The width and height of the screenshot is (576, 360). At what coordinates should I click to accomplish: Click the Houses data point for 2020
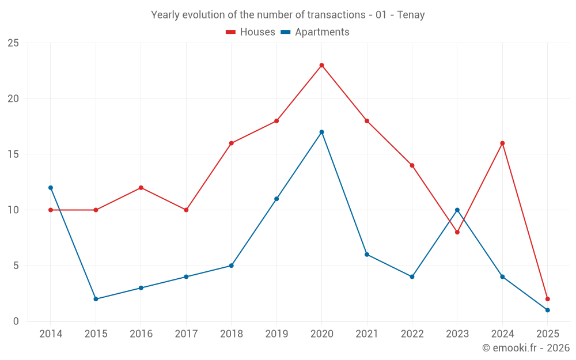(321, 65)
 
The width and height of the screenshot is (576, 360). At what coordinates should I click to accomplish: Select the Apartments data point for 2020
(321, 132)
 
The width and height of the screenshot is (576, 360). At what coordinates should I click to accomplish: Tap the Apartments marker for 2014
(51, 188)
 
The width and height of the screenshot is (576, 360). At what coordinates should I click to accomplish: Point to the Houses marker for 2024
(502, 143)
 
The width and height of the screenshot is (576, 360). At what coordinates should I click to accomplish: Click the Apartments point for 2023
(457, 210)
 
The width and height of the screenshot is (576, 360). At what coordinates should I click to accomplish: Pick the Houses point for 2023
(457, 232)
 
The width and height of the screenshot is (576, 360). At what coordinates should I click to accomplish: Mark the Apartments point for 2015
(96, 299)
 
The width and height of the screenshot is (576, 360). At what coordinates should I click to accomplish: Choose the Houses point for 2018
(231, 143)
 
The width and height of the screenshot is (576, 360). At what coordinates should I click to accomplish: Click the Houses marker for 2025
(547, 299)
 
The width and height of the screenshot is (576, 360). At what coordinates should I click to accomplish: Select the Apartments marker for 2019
(276, 199)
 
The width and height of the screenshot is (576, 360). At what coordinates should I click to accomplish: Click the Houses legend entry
(251, 32)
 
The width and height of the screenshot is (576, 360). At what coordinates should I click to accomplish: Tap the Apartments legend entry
(315, 32)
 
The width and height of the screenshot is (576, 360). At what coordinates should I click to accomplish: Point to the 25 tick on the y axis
(13, 43)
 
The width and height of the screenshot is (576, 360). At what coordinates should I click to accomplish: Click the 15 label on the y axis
(13, 154)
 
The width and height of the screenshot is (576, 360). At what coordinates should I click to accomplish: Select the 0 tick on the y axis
(16, 321)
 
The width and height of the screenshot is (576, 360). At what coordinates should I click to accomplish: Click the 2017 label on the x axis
(186, 334)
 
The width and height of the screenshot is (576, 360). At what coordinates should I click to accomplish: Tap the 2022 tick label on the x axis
(412, 334)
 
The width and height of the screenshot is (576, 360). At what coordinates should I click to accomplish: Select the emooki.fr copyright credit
(526, 348)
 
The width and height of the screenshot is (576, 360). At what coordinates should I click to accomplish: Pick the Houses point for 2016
(141, 188)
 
